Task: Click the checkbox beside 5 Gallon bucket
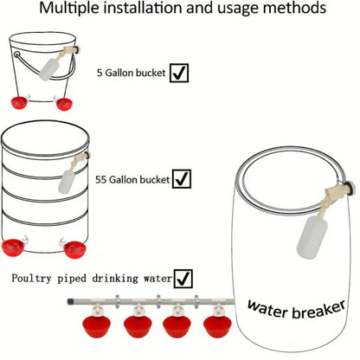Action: (x=179, y=73)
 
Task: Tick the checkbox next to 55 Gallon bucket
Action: (x=182, y=179)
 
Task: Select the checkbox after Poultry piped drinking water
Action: (x=183, y=279)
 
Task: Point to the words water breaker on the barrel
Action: (x=296, y=309)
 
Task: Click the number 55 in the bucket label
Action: (x=101, y=180)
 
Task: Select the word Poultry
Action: (x=31, y=279)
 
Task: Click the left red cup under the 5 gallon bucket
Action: (x=19, y=103)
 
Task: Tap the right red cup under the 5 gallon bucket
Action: (x=64, y=104)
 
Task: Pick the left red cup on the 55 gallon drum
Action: (x=13, y=247)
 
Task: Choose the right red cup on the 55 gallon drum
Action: (x=75, y=250)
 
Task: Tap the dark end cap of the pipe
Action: (x=69, y=302)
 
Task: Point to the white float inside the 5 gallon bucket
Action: (x=48, y=70)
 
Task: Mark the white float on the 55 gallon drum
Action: (x=67, y=182)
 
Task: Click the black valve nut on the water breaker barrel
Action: (x=350, y=191)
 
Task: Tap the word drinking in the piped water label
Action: (x=115, y=279)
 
